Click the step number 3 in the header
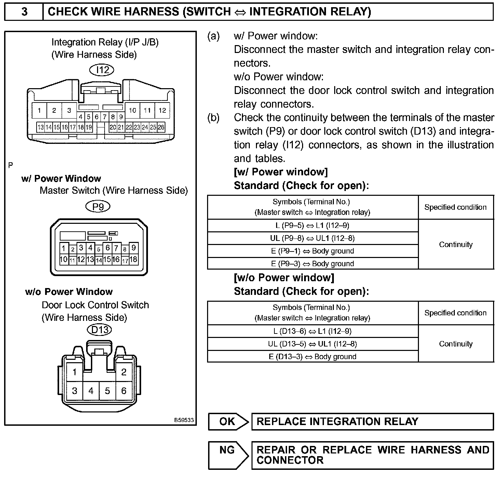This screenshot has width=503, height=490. pos(24,12)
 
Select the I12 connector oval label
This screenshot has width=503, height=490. pos(102,70)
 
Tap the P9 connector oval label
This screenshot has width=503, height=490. pos(98,206)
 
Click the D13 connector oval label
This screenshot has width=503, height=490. pos(100,330)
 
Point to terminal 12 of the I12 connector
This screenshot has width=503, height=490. pos(162,110)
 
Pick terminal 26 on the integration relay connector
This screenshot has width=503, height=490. pos(161,127)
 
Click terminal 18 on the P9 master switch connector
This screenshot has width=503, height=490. pos(133,259)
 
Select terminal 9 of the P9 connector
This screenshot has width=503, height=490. pos(134,248)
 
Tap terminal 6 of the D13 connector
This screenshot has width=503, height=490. pos(124,391)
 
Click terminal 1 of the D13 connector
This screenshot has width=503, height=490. pos(74,372)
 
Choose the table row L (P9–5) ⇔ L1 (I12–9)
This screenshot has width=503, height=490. pos(313,226)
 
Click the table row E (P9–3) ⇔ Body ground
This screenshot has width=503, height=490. pos(313,263)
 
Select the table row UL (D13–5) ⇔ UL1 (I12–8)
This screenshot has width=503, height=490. pos(313,344)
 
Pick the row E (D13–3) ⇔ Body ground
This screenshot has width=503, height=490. pos(313,356)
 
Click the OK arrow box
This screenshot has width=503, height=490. pos(228,421)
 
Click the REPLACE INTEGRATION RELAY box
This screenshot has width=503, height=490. pos(372,421)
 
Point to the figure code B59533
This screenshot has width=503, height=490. pos(184,420)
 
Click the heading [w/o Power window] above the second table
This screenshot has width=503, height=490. pos(284,277)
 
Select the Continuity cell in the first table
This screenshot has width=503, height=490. pos(456,244)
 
